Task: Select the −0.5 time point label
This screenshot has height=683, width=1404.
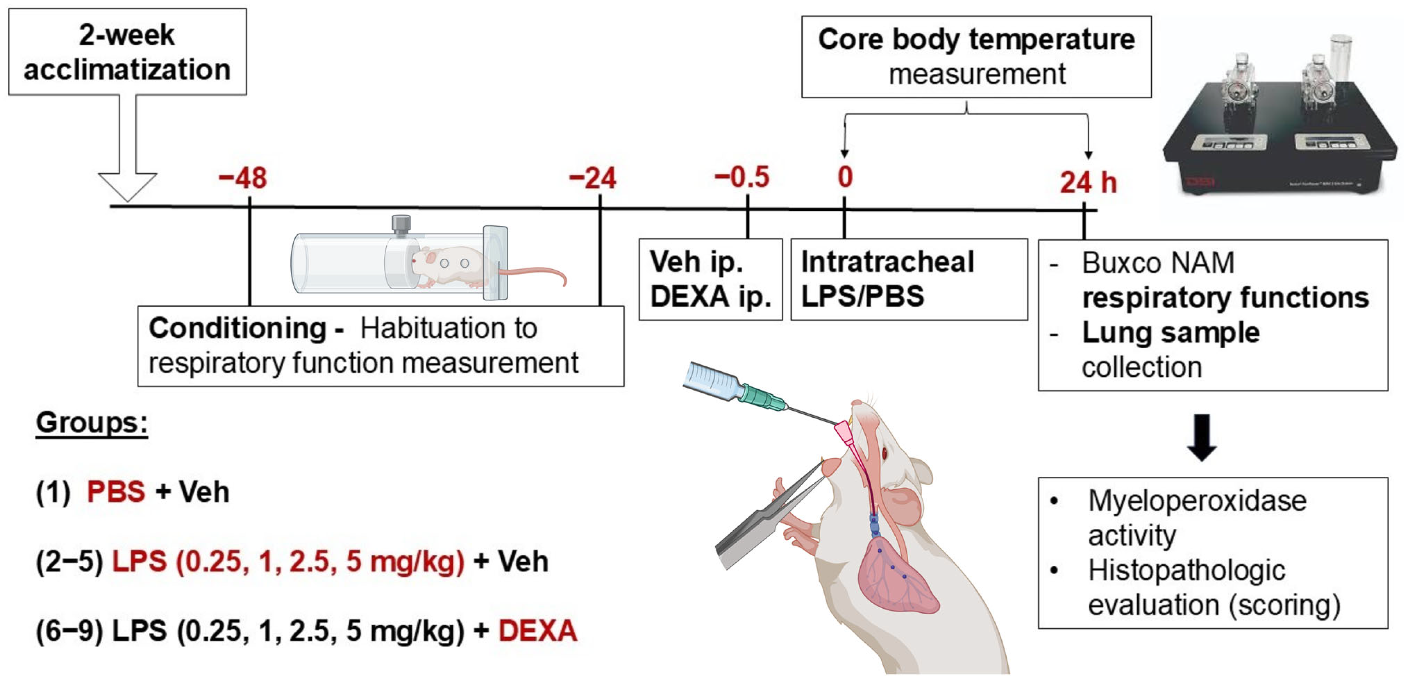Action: click(742, 177)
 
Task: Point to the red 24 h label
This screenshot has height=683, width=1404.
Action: click(1088, 183)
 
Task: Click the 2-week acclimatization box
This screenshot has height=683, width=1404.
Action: click(127, 52)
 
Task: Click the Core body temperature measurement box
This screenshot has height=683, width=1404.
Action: click(976, 57)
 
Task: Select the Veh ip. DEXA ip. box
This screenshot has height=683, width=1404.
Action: click(710, 279)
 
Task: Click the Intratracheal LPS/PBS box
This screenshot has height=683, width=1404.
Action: click(909, 279)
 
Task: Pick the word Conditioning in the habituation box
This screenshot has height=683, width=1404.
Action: click(238, 329)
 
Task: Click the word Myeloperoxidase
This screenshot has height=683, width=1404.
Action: click(1197, 500)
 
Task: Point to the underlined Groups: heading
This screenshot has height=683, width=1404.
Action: click(91, 423)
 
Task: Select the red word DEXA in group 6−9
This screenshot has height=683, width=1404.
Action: click(537, 631)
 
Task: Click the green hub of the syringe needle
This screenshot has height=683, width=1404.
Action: click(760, 396)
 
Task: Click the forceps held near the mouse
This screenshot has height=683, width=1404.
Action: click(763, 523)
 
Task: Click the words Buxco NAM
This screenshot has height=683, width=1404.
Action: click(1158, 263)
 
